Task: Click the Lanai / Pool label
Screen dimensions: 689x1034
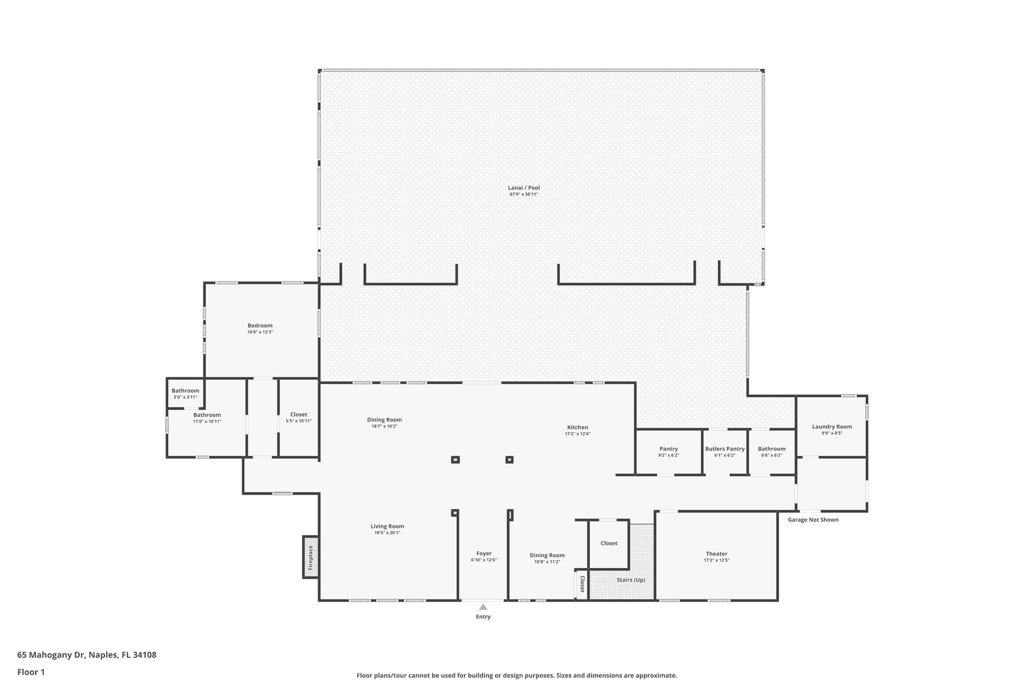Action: pos(524,188)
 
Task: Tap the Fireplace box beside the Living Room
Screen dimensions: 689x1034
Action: pos(311,557)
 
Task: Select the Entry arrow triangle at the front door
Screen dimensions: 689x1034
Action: pos(483,607)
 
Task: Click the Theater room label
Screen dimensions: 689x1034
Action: pos(716,554)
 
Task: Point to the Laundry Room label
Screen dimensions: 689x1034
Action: pos(832,427)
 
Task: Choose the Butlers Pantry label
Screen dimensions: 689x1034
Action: pos(725,449)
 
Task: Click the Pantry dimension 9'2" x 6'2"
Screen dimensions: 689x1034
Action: pos(668,455)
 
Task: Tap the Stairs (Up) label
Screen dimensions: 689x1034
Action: pos(631,580)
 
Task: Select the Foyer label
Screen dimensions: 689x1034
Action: pos(484,553)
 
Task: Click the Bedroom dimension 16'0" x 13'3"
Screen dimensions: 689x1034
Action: pos(260,332)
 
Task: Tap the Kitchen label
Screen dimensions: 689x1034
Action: pos(578,427)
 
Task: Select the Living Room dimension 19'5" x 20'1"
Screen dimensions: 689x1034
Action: pos(387,533)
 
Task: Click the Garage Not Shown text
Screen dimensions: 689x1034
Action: pos(813,520)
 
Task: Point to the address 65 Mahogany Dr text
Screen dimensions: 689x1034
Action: pos(87,655)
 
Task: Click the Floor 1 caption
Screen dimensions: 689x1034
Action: pos(31,672)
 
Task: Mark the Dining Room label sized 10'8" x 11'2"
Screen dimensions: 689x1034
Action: pos(547,555)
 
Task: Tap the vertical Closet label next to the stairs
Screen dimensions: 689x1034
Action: pos(582,584)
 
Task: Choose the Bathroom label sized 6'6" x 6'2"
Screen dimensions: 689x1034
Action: pos(771,449)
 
